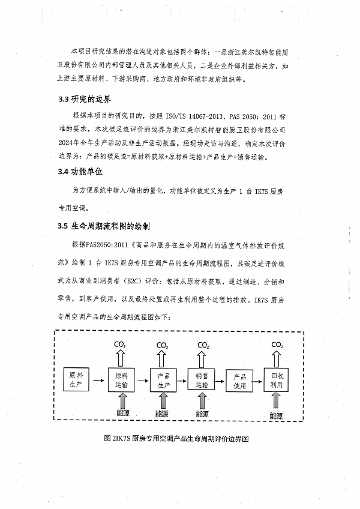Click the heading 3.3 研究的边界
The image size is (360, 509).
tap(84, 99)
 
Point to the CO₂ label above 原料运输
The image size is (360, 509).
tap(121, 345)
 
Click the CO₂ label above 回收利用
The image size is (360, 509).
tap(277, 345)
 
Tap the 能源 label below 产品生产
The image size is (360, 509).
tap(162, 414)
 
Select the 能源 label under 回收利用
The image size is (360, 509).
tap(276, 415)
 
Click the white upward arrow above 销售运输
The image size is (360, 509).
tap(203, 358)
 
